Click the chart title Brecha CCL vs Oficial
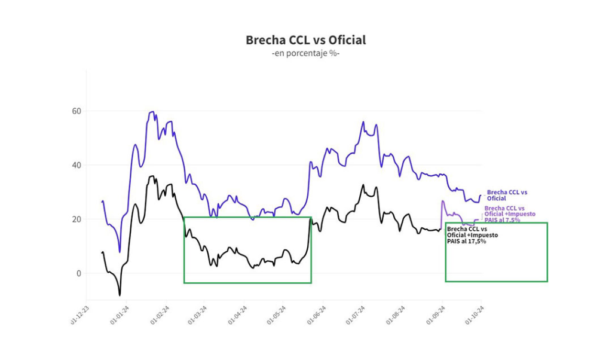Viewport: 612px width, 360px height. coord(305,40)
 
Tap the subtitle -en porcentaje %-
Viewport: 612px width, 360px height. coord(305,54)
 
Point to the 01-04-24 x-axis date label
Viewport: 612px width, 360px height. coord(238,316)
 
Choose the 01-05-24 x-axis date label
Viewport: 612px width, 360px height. coord(276,316)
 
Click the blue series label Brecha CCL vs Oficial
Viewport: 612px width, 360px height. coord(507,196)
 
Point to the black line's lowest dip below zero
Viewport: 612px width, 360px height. coord(120,295)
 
